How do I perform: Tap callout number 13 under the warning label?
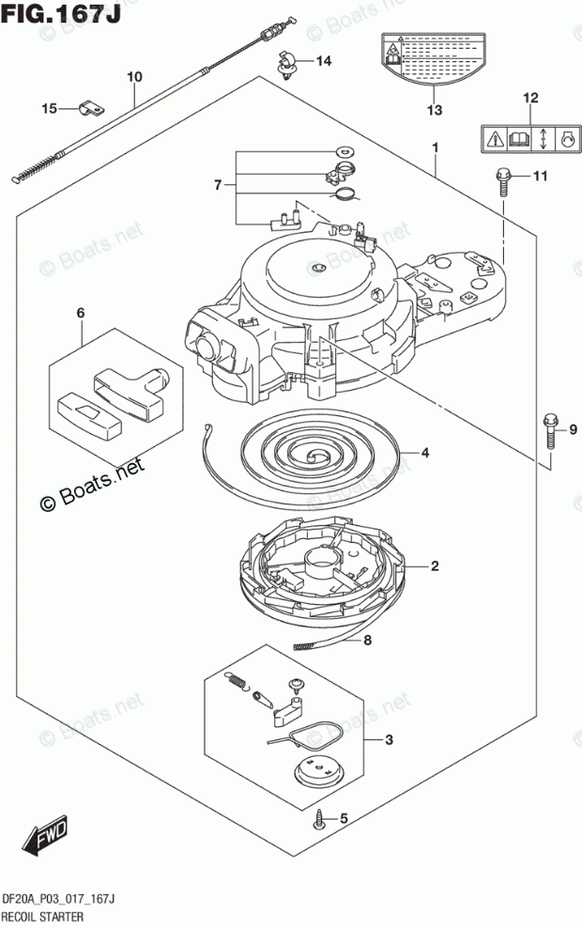[x=433, y=111]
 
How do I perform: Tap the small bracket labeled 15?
[x=91, y=109]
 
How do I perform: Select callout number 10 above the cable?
[x=134, y=75]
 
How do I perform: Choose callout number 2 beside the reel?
[x=436, y=565]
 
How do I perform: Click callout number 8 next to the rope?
[x=368, y=642]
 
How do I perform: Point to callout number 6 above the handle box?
[x=81, y=312]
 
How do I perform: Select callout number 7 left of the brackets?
[x=218, y=185]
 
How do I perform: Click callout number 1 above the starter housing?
[x=436, y=148]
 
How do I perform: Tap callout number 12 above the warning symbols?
[x=530, y=98]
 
